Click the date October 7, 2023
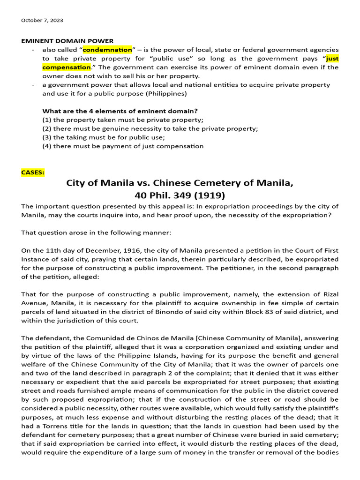coord(42,21)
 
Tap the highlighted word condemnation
coord(107,50)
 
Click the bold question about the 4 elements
coord(120,111)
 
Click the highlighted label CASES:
coord(33,172)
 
